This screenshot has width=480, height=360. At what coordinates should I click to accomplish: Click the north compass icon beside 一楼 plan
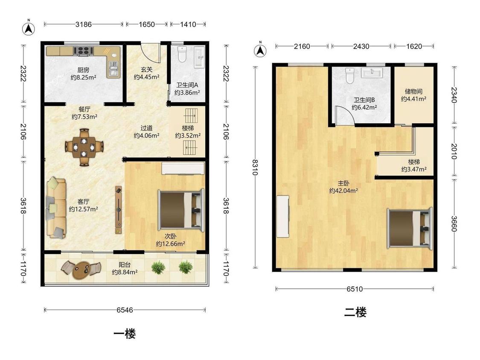[29, 29]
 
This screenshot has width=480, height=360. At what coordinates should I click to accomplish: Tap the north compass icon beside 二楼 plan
[260, 50]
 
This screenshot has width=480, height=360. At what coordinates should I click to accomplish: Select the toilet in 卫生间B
[350, 75]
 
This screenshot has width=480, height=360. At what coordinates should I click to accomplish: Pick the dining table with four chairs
[84, 147]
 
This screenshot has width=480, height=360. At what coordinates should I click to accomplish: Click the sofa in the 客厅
[56, 207]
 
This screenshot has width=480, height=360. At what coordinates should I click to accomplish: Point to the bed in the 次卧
[181, 210]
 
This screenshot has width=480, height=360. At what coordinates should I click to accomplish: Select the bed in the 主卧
[410, 228]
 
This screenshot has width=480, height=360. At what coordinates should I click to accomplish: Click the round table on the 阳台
[81, 270]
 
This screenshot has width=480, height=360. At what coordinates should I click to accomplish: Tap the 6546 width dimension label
[125, 310]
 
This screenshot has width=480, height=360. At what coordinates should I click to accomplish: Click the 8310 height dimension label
[255, 167]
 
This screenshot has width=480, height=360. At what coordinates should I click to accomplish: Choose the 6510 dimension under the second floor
[355, 289]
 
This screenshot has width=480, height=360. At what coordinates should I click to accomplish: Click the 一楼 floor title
[125, 334]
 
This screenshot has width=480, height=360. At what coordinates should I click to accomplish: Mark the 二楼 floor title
[355, 312]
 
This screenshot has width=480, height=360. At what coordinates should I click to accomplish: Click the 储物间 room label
[413, 91]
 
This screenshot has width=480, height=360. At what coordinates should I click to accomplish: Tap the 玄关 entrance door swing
[151, 53]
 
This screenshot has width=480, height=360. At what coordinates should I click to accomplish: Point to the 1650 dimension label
[147, 24]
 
